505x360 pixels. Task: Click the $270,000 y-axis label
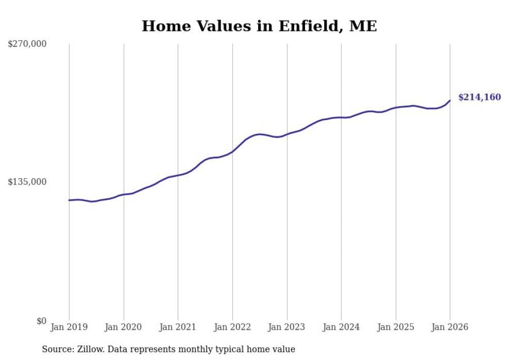[27, 44]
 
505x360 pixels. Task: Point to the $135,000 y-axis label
[27, 182]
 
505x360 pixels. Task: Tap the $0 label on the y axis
[41, 321]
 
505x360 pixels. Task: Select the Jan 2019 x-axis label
[69, 327]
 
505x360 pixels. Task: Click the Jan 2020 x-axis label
[124, 327]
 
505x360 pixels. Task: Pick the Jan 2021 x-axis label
[178, 327]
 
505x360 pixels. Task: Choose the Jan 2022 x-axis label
[232, 327]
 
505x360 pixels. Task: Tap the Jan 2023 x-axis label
[287, 327]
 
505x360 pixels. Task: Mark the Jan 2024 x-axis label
[341, 327]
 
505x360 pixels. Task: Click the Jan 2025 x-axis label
[396, 327]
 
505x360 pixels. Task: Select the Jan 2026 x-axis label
[450, 327]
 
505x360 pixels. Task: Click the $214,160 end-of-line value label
[479, 97]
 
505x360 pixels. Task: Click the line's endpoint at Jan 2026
[450, 100]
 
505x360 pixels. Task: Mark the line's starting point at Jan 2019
[69, 200]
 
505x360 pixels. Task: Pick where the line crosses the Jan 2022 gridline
[232, 151]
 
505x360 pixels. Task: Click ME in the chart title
[363, 26]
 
